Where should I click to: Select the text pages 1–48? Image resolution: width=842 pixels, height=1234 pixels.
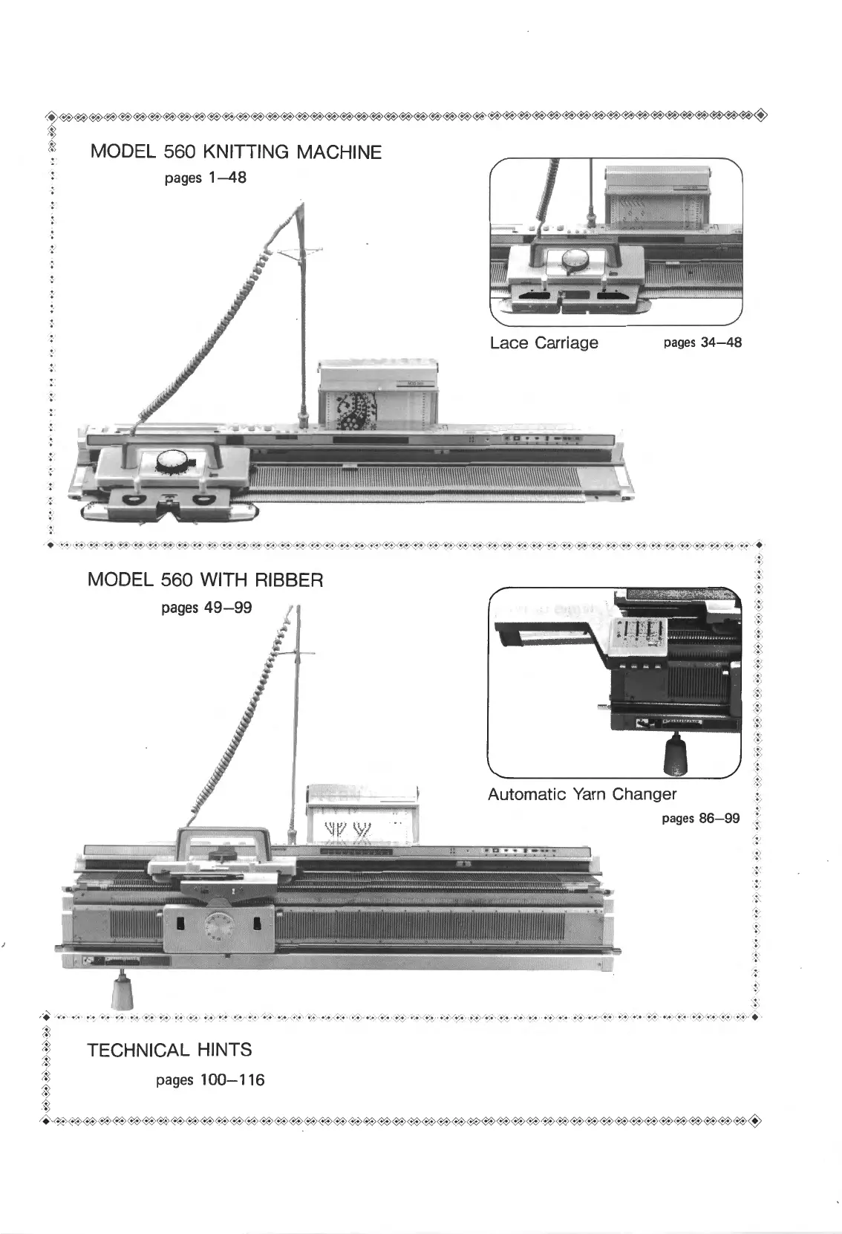205,178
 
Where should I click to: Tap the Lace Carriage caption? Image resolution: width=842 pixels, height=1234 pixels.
544,342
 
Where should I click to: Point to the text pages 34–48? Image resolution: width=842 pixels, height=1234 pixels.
702,342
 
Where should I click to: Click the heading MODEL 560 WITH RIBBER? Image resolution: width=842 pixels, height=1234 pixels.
205,579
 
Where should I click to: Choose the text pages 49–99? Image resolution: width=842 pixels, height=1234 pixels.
206,608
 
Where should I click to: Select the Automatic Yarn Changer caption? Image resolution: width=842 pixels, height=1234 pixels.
581,794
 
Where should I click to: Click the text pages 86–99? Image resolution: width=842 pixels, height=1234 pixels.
700,819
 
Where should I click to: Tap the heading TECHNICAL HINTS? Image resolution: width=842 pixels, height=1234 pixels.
169,1050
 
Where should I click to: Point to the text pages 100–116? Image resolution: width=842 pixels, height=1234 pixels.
210,1079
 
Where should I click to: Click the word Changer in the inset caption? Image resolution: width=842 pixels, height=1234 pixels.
644,794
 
